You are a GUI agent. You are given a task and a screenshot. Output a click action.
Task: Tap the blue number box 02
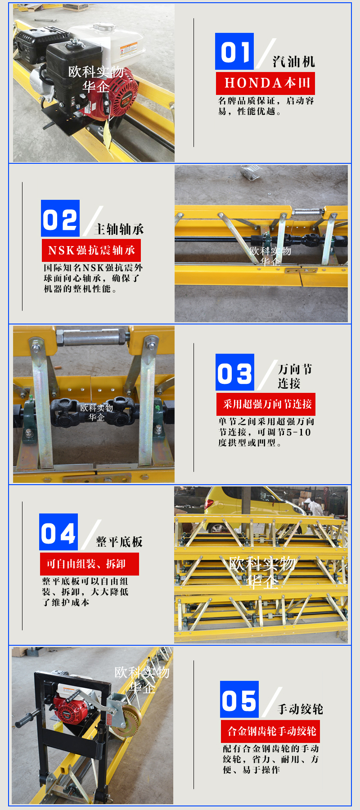pyautogui.click(x=60, y=218)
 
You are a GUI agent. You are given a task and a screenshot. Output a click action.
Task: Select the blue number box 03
pyautogui.click(x=235, y=372)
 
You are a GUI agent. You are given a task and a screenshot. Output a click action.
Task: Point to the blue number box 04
pyautogui.click(x=58, y=532)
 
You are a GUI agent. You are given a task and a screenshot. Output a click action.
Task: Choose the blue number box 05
pyautogui.click(x=239, y=699)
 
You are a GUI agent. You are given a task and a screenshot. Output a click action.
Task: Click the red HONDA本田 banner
pyautogui.click(x=265, y=83)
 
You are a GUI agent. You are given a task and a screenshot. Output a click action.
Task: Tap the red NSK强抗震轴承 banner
pyautogui.click(x=91, y=250)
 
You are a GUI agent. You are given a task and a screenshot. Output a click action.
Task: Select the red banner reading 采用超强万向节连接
pyautogui.click(x=266, y=404)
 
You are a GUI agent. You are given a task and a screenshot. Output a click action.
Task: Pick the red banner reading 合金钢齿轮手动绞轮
pyautogui.click(x=270, y=731)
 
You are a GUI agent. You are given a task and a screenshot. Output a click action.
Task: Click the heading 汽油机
pyautogui.click(x=294, y=61)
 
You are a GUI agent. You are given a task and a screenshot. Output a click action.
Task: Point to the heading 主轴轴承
pyautogui.click(x=119, y=229)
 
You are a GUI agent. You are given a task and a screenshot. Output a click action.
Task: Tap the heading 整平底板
pyautogui.click(x=119, y=541)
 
